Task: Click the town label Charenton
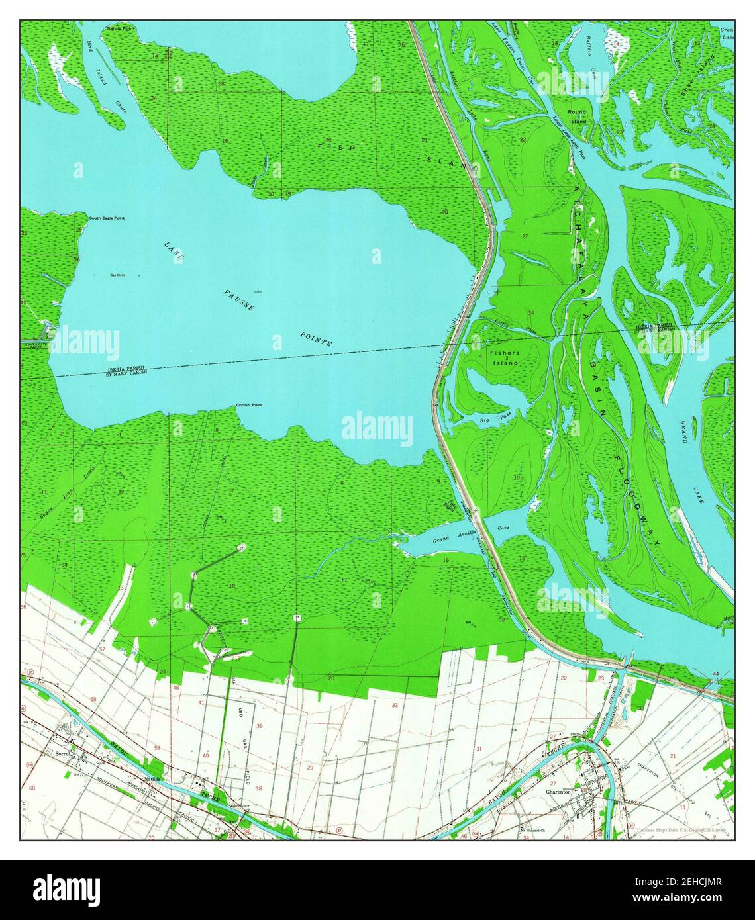point(558,791)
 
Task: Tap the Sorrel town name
point(63,754)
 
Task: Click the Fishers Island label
point(505,357)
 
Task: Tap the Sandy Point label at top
point(122,29)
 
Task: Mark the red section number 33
point(395,705)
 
